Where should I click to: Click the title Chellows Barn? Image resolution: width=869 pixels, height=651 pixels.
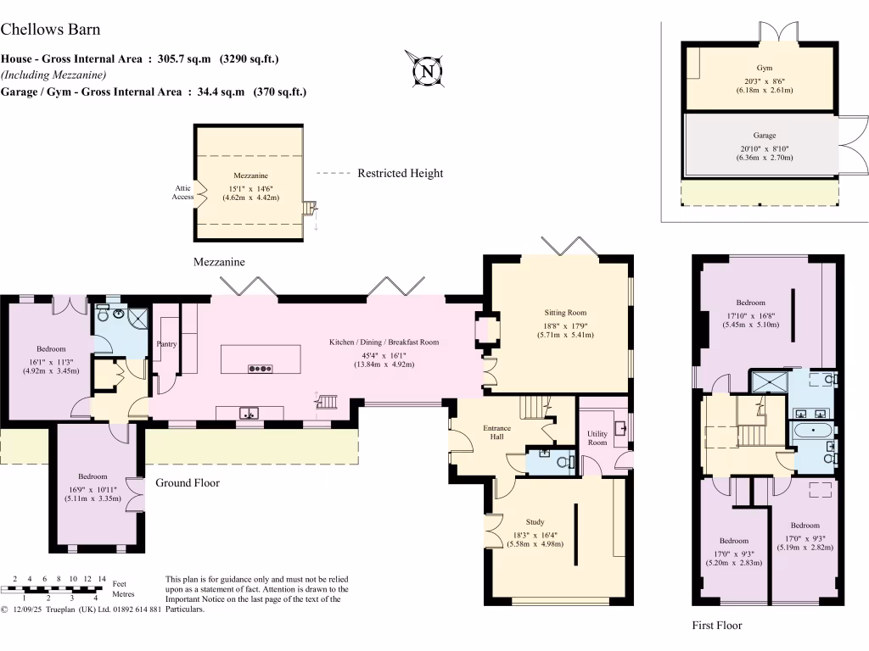pyautogui.click(x=50, y=30)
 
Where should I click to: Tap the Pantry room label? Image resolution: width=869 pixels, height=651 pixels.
pyautogui.click(x=166, y=344)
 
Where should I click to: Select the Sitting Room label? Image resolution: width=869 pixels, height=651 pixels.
pyautogui.click(x=565, y=312)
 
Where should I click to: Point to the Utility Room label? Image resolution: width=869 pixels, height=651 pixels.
pyautogui.click(x=597, y=438)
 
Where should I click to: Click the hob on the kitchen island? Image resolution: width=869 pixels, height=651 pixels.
pyautogui.click(x=260, y=368)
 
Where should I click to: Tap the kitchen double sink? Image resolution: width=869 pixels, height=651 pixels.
pyautogui.click(x=249, y=413)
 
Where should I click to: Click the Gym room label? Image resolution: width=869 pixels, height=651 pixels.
pyautogui.click(x=765, y=68)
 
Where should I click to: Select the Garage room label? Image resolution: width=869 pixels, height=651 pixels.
pyautogui.click(x=765, y=135)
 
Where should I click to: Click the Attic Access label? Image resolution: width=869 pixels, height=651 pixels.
pyautogui.click(x=183, y=192)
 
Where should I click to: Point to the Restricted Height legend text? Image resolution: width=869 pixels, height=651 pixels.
pyautogui.click(x=401, y=173)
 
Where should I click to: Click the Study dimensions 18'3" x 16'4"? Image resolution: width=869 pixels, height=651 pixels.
pyautogui.click(x=535, y=536)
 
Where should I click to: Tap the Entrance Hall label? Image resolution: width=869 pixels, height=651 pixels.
pyautogui.click(x=496, y=432)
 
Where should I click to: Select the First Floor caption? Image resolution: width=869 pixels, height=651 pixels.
pyautogui.click(x=716, y=626)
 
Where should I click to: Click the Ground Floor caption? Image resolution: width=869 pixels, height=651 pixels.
pyautogui.click(x=188, y=482)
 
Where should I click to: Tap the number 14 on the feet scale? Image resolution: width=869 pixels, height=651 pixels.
pyautogui.click(x=102, y=578)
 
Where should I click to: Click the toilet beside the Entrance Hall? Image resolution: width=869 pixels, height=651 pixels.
pyautogui.click(x=566, y=462)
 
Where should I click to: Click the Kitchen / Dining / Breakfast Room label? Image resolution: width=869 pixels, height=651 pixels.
pyautogui.click(x=384, y=342)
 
